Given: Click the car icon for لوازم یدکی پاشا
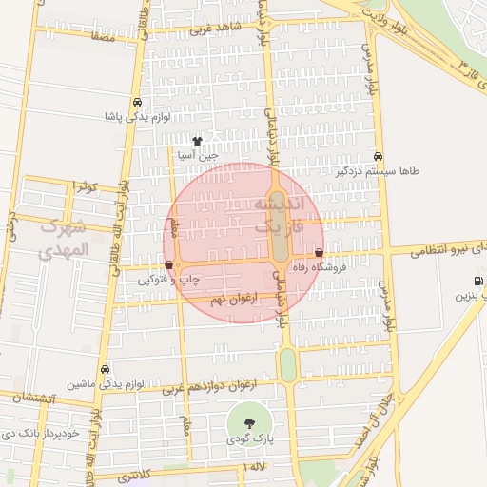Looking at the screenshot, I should (x=138, y=102).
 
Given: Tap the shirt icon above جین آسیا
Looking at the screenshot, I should (x=197, y=140).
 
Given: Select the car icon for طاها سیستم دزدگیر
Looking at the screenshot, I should (x=379, y=156).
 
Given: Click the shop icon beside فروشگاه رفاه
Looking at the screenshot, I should (x=319, y=253).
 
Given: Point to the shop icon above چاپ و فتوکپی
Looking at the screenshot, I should (x=168, y=264).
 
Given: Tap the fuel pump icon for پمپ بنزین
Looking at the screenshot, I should (x=477, y=281).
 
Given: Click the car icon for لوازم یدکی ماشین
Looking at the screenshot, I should (x=105, y=369).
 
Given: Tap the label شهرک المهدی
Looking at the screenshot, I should (x=65, y=239).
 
